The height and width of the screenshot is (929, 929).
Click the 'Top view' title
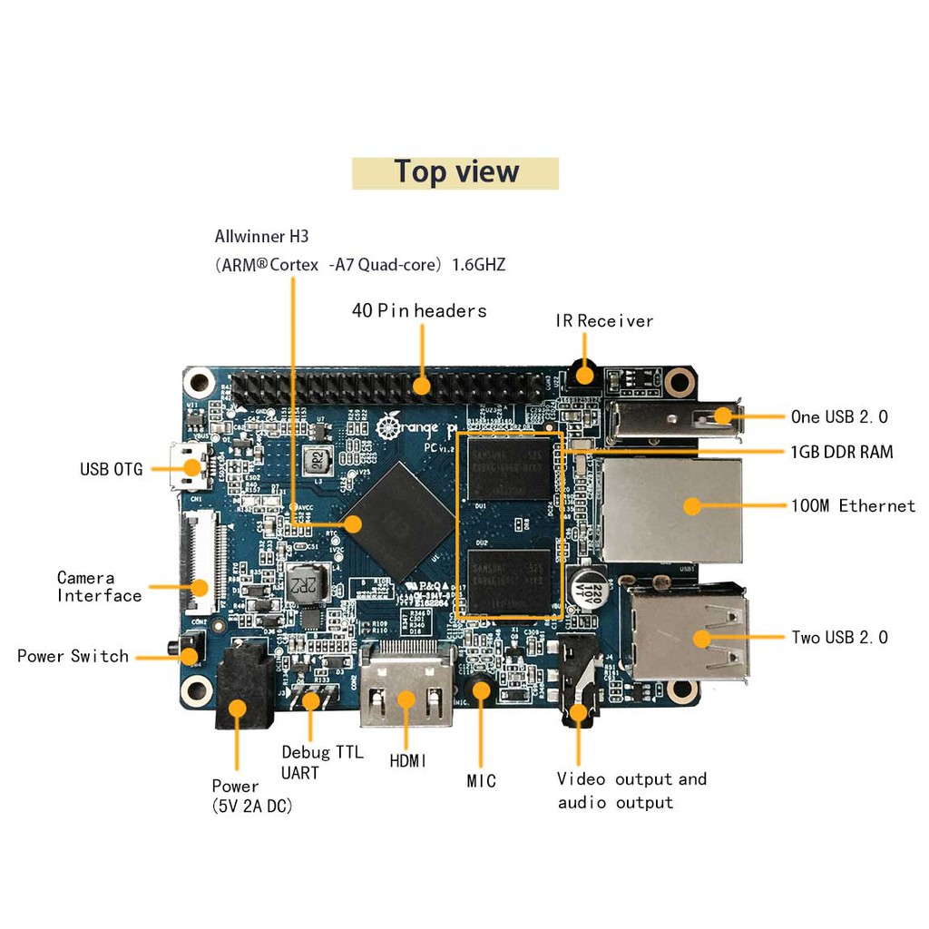(x=455, y=172)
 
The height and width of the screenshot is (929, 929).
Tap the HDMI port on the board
(x=406, y=687)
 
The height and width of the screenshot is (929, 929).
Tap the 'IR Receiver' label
(x=604, y=321)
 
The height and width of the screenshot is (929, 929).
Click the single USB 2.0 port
(x=677, y=418)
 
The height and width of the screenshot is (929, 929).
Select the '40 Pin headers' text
(x=419, y=311)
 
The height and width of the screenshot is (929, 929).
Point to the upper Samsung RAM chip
(x=511, y=466)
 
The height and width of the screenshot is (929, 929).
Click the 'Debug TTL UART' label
(x=321, y=762)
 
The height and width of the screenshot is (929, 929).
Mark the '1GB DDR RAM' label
(x=842, y=452)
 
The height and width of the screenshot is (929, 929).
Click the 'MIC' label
(x=481, y=781)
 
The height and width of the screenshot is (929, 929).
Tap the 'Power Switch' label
(x=73, y=656)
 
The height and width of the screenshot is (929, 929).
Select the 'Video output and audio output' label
(x=631, y=791)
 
